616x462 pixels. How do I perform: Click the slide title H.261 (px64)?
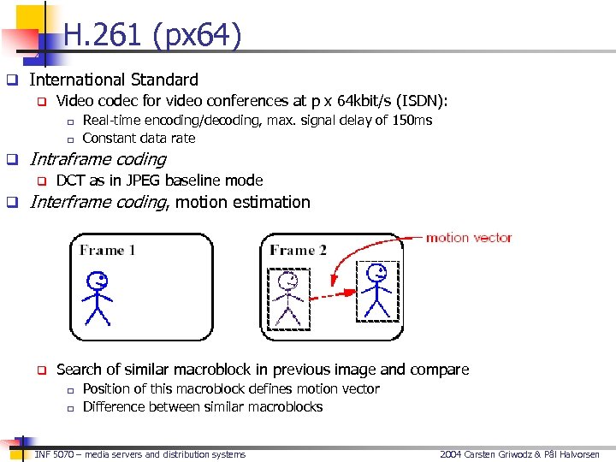[x=152, y=36]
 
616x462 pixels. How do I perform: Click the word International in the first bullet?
[x=78, y=80]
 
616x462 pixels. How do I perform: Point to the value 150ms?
[x=412, y=120]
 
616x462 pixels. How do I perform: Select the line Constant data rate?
[x=139, y=138]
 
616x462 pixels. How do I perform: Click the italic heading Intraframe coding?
[x=98, y=159]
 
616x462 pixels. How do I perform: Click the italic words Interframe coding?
[x=98, y=202]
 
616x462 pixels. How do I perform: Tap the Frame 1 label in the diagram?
[x=107, y=250]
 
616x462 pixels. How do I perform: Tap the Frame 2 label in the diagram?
[x=298, y=250]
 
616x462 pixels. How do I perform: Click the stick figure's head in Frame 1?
[x=98, y=280]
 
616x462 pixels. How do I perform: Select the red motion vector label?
[x=469, y=237]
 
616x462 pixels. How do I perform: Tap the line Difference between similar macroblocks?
[x=202, y=406]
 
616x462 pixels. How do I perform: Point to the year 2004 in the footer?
[x=452, y=454]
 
